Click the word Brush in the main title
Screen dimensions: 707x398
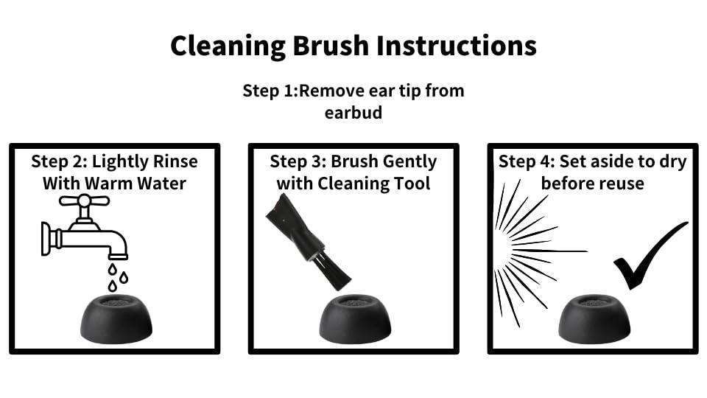(x=331, y=46)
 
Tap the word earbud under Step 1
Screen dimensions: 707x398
(x=353, y=112)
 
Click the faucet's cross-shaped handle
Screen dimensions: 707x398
(x=84, y=200)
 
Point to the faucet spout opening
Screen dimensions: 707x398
(x=118, y=256)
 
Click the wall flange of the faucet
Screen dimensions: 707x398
(x=46, y=239)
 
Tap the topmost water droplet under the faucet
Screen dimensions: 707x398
(x=112, y=270)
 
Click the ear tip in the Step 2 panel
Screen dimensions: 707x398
(x=116, y=318)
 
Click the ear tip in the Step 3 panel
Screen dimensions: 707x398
(x=355, y=318)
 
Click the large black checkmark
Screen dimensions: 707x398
(x=650, y=256)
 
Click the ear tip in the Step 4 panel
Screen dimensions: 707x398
(x=594, y=318)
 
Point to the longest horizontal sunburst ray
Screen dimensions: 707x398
(x=550, y=251)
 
